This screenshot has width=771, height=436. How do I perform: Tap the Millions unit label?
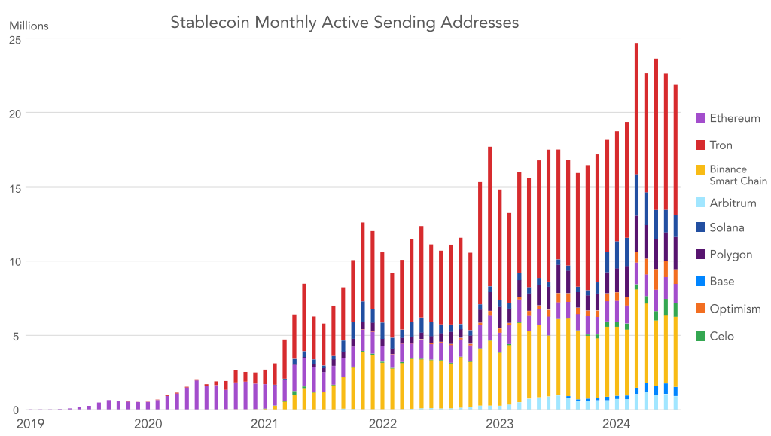click(x=29, y=26)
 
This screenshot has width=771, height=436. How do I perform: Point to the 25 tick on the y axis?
click(x=14, y=39)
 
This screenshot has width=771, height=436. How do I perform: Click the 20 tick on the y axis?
click(x=14, y=113)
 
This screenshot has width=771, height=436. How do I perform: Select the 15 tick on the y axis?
click(x=14, y=188)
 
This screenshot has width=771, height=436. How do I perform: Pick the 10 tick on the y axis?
click(x=14, y=261)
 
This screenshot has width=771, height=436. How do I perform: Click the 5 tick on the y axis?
click(x=17, y=336)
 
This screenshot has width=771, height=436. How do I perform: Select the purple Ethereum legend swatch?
click(x=700, y=118)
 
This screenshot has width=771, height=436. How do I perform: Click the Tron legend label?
click(x=721, y=145)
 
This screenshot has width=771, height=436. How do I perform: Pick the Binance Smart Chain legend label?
click(x=738, y=175)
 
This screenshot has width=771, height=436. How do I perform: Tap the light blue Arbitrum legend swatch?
click(x=700, y=203)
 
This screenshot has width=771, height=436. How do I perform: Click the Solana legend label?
click(x=727, y=227)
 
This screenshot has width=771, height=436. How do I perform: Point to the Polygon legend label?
click(x=730, y=255)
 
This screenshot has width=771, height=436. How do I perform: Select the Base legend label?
click(x=721, y=282)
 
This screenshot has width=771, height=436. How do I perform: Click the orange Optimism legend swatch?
click(x=700, y=309)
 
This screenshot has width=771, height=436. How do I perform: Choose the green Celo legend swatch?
click(x=700, y=336)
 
